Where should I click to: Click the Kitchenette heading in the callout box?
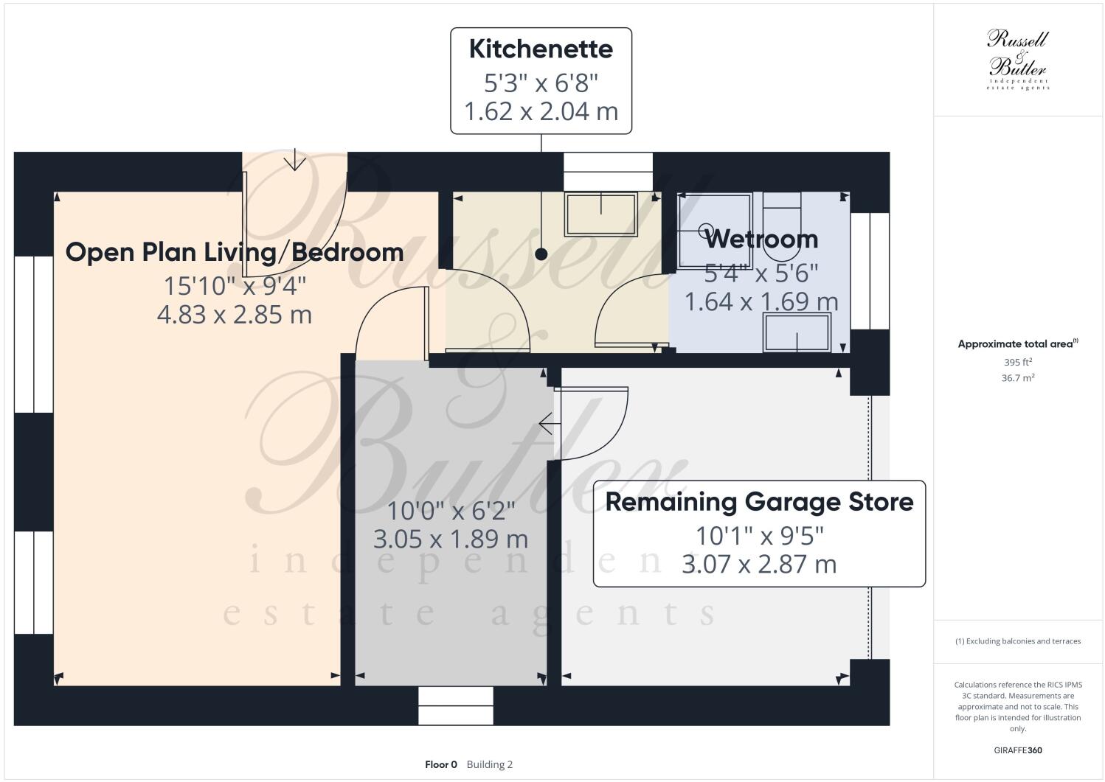541,49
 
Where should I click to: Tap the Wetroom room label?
761,239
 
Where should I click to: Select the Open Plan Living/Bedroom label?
235,252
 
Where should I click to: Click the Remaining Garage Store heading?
759,502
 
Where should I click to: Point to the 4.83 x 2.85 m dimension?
235,315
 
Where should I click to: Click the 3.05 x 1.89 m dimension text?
451,539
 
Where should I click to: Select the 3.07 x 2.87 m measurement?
759,565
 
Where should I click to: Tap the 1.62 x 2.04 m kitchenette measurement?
541,111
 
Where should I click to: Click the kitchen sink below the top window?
600,214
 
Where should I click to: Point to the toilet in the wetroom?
781,228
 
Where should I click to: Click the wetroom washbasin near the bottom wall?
797,333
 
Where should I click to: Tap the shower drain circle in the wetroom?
706,229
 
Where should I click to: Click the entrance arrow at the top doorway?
295,160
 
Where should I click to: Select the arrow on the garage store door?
547,424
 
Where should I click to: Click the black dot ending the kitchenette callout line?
541,254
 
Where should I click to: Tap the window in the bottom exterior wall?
455,705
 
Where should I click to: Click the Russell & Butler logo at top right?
1017,59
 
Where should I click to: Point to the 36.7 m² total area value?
1018,378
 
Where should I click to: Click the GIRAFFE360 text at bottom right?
1018,750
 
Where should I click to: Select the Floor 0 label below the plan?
441,764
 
